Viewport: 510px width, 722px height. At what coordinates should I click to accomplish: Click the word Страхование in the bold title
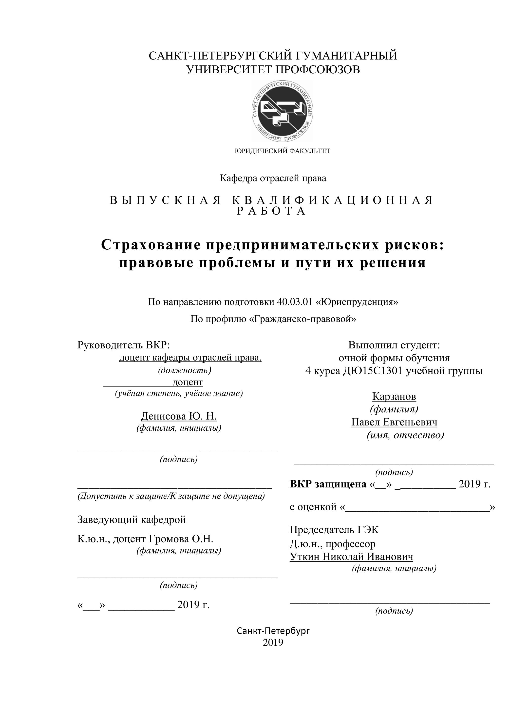tap(151, 244)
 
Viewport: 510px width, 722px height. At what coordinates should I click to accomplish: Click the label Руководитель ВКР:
tap(124, 345)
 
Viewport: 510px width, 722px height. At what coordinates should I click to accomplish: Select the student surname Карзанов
tap(394, 397)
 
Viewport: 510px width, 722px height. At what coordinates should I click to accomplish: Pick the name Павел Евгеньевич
tap(394, 422)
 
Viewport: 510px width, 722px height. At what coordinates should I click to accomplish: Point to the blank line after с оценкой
tap(417, 507)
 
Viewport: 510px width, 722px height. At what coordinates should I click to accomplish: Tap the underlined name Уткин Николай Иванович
tap(351, 557)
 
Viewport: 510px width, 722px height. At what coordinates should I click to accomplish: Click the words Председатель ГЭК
tap(334, 530)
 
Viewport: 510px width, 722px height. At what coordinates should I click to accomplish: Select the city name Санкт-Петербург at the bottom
tap(273, 631)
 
